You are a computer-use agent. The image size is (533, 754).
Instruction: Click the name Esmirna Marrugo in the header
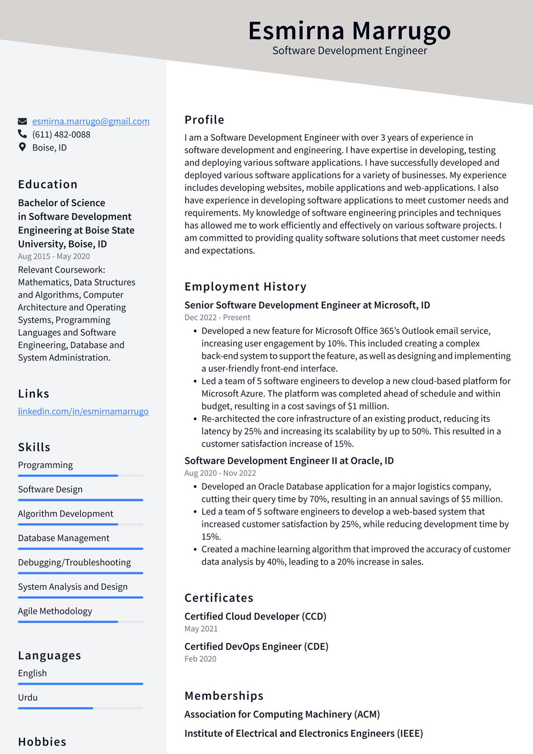349,31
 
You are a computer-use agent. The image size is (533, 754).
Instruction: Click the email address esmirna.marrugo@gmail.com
91,121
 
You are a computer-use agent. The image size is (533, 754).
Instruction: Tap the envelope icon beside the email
22,121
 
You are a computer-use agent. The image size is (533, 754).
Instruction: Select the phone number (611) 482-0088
61,134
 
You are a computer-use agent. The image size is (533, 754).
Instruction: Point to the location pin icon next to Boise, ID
22,147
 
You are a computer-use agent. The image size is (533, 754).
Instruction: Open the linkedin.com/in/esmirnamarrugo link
83,411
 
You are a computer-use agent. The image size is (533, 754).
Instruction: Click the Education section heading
48,184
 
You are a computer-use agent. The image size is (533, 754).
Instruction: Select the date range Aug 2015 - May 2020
54,256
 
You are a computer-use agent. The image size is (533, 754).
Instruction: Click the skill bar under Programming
80,475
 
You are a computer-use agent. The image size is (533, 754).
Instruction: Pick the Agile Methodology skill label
55,611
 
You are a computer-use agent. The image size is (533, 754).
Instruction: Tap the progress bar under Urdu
80,708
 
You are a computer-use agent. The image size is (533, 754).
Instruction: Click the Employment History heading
245,287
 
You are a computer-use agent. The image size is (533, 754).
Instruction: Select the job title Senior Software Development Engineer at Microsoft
307,305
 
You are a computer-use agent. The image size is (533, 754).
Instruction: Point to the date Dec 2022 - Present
217,317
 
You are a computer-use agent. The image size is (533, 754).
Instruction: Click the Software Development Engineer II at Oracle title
289,461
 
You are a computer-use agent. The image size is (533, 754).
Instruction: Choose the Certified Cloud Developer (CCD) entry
255,616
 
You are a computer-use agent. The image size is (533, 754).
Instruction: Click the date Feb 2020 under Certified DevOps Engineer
200,659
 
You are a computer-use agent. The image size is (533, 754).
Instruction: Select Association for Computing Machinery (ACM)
282,714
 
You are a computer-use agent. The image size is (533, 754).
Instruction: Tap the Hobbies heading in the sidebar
42,741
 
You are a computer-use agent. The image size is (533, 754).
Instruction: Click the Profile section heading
204,120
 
